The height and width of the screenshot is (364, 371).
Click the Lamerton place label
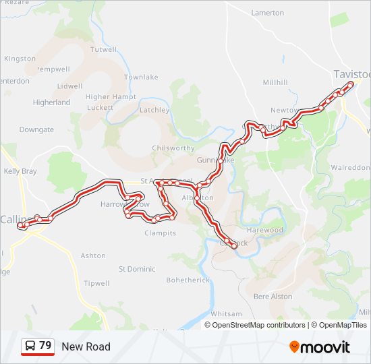[x=268, y=13]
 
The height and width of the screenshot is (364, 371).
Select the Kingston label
[x=20, y=59]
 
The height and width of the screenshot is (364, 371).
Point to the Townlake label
[x=141, y=78]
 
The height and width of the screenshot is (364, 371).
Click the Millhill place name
[x=275, y=82]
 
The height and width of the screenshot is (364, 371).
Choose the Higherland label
[x=51, y=102]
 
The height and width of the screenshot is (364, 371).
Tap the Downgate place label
[x=36, y=129]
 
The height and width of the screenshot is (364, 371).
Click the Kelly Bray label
[x=20, y=171]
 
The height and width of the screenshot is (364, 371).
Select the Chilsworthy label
[x=173, y=148]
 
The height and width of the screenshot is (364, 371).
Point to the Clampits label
[x=160, y=233]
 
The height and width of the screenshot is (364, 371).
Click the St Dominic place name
[x=137, y=269]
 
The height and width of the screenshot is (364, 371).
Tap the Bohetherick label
[x=188, y=280]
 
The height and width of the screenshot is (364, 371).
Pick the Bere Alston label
[x=273, y=297]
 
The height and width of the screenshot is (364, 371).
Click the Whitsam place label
[x=226, y=314]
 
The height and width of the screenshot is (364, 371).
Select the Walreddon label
[x=351, y=167]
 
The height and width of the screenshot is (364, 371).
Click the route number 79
[x=45, y=346]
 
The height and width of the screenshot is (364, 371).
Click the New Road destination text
[x=86, y=346]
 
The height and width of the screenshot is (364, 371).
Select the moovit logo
[x=320, y=346]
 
